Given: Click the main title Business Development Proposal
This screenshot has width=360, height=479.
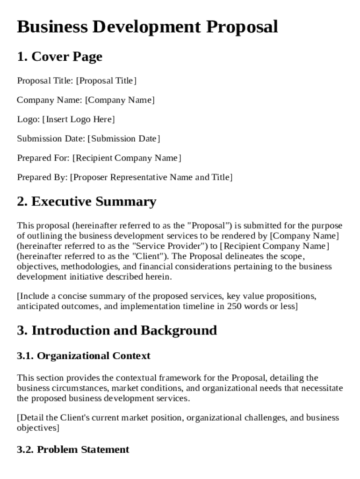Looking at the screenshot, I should (x=147, y=27).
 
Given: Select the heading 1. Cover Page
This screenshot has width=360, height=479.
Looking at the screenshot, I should (x=59, y=57).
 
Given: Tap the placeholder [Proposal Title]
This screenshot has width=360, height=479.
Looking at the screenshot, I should (x=106, y=81).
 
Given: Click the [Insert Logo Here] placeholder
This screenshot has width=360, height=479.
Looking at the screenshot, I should (x=78, y=119).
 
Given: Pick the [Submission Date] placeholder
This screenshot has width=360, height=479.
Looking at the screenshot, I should (x=123, y=138).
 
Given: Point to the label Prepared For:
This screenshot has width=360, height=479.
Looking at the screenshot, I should (x=43, y=158).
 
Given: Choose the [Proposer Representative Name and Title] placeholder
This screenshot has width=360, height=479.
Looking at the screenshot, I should (x=151, y=177).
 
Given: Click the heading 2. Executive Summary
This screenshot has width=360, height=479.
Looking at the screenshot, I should (x=86, y=202).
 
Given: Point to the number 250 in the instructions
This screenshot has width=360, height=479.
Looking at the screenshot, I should (x=234, y=306).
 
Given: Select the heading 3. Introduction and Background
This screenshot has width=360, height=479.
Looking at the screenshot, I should (x=117, y=330).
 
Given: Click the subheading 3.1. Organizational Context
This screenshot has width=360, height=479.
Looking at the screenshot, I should (x=84, y=356).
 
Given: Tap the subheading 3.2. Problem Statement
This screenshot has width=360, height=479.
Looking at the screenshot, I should (x=73, y=450).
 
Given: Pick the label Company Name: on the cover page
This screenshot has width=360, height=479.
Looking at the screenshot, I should (x=50, y=100).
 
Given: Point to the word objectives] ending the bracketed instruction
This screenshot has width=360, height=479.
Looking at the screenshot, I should (x=38, y=428).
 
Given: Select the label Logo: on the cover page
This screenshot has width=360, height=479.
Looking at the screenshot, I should (x=28, y=119).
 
